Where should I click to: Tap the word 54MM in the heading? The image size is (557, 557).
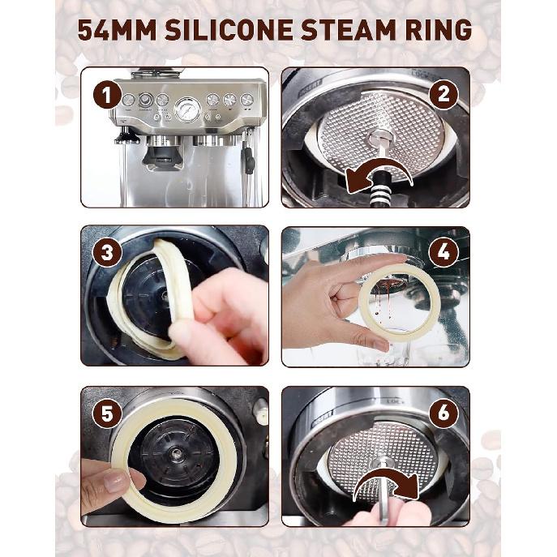coord(118,30)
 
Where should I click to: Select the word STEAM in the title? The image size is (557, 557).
coord(362,30)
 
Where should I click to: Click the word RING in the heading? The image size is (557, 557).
coord(443,30)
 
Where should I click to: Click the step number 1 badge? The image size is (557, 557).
coord(106,96)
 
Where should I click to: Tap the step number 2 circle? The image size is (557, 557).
coord(443,94)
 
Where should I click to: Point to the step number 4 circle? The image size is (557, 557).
coord(443,252)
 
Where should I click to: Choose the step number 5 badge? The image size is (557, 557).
coord(106,414)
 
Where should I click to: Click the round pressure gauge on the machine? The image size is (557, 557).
coord(187,108)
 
